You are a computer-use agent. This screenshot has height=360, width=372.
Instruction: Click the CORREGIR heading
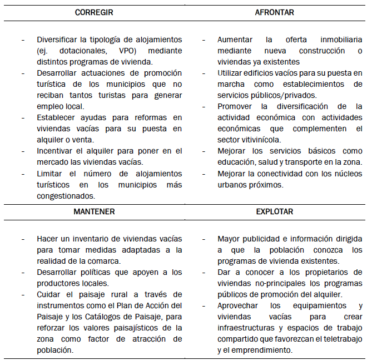94,12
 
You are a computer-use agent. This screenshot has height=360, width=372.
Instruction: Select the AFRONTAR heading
275,12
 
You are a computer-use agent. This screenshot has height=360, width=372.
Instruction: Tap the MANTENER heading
94,212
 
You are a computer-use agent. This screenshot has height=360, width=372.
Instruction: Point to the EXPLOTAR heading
275,212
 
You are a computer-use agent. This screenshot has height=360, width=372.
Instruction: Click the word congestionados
66,195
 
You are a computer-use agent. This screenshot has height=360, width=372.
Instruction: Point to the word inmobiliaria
341,40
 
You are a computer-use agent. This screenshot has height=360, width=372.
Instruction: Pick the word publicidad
261,239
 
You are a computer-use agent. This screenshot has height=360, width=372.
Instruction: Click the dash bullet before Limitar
23,173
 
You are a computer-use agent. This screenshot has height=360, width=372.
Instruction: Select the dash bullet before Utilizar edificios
204,73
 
